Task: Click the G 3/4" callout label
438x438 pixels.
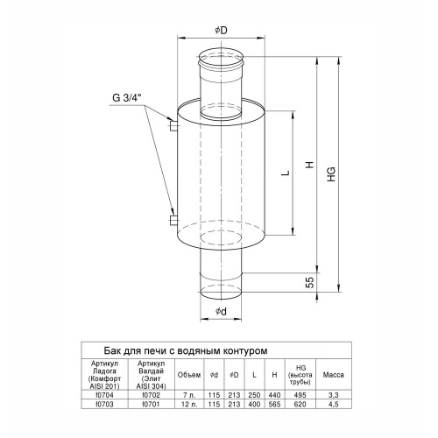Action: pyautogui.click(x=127, y=98)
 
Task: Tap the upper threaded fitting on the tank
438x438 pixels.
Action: pyautogui.click(x=173, y=126)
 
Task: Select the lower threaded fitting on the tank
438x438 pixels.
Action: pyautogui.click(x=173, y=221)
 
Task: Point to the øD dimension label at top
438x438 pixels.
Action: pyautogui.click(x=221, y=30)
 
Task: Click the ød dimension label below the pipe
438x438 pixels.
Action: pyautogui.click(x=221, y=312)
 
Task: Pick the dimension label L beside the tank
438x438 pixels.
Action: pyautogui.click(x=286, y=173)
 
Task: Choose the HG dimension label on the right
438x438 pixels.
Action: pyautogui.click(x=331, y=174)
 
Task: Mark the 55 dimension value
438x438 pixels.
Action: pyautogui.click(x=310, y=282)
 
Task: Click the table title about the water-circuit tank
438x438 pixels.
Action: pyautogui.click(x=186, y=350)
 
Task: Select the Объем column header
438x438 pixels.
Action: pyautogui.click(x=189, y=375)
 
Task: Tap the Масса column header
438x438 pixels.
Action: pyautogui.click(x=333, y=375)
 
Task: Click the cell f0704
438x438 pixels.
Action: pyautogui.click(x=104, y=395)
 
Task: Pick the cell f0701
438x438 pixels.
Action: pyautogui.click(x=152, y=405)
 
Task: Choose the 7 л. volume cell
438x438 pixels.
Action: pyautogui.click(x=189, y=395)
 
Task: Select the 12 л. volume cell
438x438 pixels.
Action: pyautogui.click(x=189, y=405)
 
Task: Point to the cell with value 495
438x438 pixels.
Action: pyautogui.click(x=300, y=395)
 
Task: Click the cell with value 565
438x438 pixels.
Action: pyautogui.click(x=274, y=405)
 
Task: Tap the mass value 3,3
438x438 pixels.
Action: pyautogui.click(x=333, y=395)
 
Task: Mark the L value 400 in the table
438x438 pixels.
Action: pyautogui.click(x=254, y=405)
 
